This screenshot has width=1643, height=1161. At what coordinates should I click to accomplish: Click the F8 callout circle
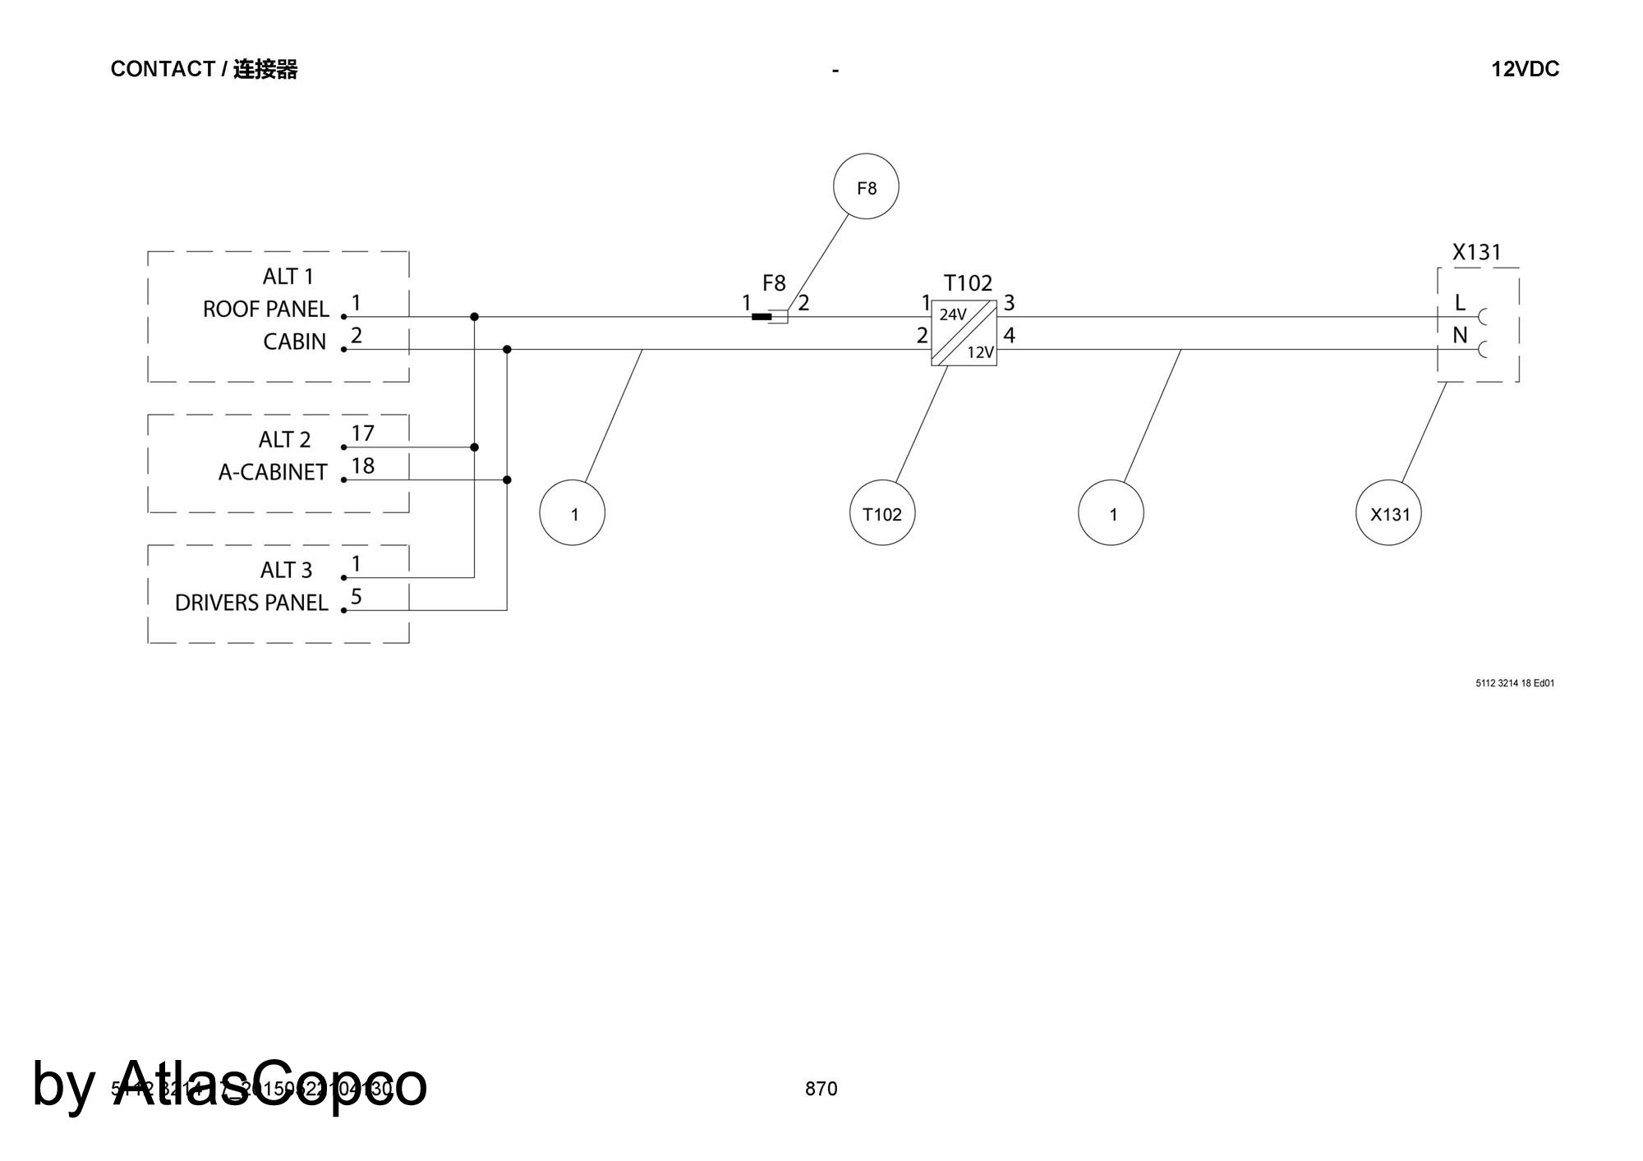pyautogui.click(x=866, y=186)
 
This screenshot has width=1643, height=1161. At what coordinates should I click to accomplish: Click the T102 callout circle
pyautogui.click(x=881, y=513)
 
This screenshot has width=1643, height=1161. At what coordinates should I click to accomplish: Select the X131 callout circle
pyautogui.click(x=1388, y=513)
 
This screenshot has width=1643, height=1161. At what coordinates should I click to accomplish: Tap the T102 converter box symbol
pyautogui.click(x=964, y=333)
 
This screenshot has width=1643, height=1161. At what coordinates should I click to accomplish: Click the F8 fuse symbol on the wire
pyautogui.click(x=770, y=316)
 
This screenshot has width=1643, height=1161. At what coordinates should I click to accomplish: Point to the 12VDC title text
pyautogui.click(x=1525, y=69)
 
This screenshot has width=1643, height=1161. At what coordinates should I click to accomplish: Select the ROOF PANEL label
pyautogui.click(x=265, y=310)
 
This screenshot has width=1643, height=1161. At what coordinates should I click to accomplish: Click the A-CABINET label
pyautogui.click(x=273, y=472)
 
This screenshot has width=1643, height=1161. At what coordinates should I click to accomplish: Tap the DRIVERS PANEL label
pyautogui.click(x=251, y=603)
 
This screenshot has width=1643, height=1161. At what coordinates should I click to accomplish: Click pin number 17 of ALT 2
pyautogui.click(x=362, y=433)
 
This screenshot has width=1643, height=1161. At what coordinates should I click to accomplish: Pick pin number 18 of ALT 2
pyautogui.click(x=362, y=466)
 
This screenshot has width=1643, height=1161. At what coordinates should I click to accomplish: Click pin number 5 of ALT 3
pyautogui.click(x=357, y=596)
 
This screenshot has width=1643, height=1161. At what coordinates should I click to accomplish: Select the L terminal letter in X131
pyautogui.click(x=1459, y=303)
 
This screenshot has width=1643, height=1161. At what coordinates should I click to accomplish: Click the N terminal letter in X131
pyautogui.click(x=1460, y=335)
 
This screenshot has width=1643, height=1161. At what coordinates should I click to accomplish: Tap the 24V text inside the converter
pyautogui.click(x=953, y=314)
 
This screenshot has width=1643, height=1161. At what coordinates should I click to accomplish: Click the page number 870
pyautogui.click(x=821, y=1089)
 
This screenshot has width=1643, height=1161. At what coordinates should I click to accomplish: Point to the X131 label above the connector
pyautogui.click(x=1476, y=252)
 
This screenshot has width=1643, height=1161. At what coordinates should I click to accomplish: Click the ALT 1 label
pyautogui.click(x=288, y=276)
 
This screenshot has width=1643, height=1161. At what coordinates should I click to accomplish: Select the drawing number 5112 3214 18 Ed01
pyautogui.click(x=1515, y=683)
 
